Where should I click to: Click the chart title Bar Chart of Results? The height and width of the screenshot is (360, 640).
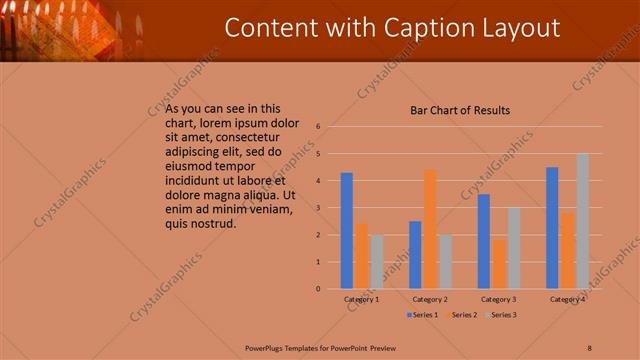(x=460, y=110)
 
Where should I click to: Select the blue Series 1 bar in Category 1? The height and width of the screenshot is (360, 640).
(x=347, y=231)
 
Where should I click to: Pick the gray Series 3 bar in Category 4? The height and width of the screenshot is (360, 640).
(x=582, y=221)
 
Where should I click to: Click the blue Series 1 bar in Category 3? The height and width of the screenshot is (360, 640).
(x=484, y=241)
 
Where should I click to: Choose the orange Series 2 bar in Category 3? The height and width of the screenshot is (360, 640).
(x=499, y=263)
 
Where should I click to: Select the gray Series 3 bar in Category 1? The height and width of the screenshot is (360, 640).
(x=376, y=262)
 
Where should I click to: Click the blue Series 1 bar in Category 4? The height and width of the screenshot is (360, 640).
(x=552, y=228)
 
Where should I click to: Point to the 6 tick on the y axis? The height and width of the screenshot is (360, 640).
(x=317, y=127)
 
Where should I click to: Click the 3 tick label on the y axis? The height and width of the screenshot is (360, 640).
(x=317, y=208)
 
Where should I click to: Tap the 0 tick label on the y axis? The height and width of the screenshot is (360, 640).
(x=317, y=289)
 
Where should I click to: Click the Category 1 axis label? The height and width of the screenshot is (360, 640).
(x=361, y=299)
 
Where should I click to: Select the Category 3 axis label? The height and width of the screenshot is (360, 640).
(x=498, y=299)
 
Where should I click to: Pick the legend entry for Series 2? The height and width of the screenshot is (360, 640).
(x=462, y=315)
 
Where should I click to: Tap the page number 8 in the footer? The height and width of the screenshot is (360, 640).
(x=590, y=347)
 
